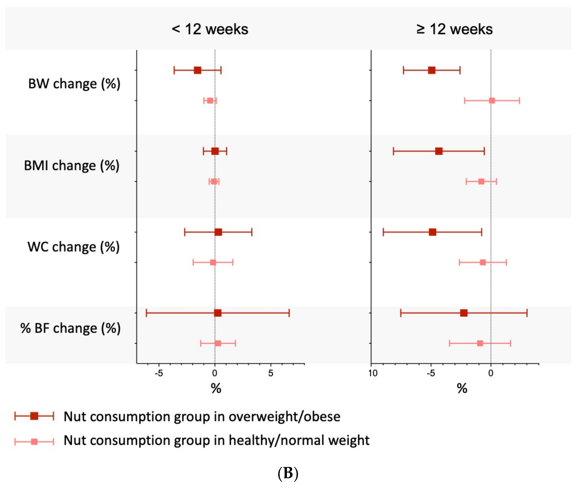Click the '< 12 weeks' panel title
[210, 29]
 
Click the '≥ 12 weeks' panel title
[455, 29]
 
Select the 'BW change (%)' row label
[74, 84]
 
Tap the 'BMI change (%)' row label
[72, 165]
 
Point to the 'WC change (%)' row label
[73, 247]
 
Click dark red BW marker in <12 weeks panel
[197, 70]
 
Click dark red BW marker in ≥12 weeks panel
[432, 70]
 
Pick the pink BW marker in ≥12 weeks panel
[492, 101]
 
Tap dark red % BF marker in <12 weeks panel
[218, 313]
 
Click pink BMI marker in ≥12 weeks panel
[481, 181]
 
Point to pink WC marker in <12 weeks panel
[213, 262]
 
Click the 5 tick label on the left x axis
[271, 374]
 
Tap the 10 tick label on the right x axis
[373, 374]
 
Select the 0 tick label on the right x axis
[491, 374]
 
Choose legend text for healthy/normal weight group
[216, 440]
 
